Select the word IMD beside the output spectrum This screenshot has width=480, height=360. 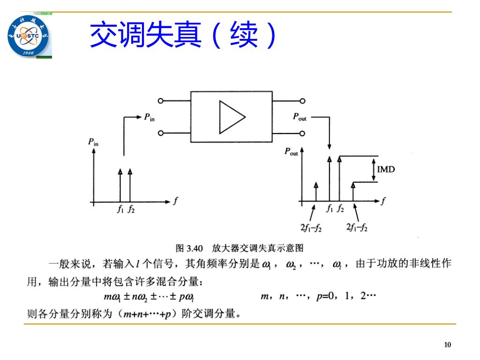coord(386,169)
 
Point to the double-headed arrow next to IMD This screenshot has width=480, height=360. coord(374,169)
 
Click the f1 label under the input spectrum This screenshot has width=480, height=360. coord(120,210)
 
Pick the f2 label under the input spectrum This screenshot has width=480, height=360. coord(131,210)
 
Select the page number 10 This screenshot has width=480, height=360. coord(447,345)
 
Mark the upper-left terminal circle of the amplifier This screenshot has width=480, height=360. coord(160,100)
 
